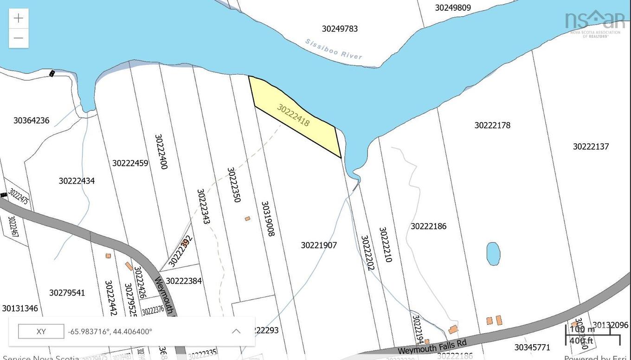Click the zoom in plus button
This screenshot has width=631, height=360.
pyautogui.click(x=19, y=18)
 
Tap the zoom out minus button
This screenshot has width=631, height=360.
pyautogui.click(x=19, y=38)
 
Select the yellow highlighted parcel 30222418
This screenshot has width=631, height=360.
pyautogui.click(x=297, y=118)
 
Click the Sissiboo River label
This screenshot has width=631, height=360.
pyautogui.click(x=333, y=49)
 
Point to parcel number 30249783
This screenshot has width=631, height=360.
pyautogui.click(x=340, y=29)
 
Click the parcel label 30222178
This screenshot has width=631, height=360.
pyautogui.click(x=492, y=125)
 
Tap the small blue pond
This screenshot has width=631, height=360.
pyautogui.click(x=493, y=254)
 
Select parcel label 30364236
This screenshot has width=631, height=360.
pyautogui.click(x=31, y=121)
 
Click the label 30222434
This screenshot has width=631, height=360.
pyautogui.click(x=77, y=181)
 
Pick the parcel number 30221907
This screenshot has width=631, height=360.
pyautogui.click(x=319, y=245)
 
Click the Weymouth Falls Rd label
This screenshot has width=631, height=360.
pyautogui.click(x=431, y=346)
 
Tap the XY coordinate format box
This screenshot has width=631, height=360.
pyautogui.click(x=41, y=332)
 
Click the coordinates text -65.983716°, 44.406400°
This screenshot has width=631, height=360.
pyautogui.click(x=110, y=332)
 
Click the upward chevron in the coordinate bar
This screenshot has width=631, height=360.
pyautogui.click(x=236, y=331)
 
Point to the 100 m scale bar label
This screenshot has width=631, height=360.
pyautogui.click(x=582, y=329)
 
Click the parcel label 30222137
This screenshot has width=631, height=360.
pyautogui.click(x=591, y=147)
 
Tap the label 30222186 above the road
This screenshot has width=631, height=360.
pyautogui.click(x=428, y=226)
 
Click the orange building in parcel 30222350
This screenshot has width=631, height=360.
pyautogui.click(x=247, y=219)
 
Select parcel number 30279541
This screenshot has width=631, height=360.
pyautogui.click(x=67, y=293)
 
